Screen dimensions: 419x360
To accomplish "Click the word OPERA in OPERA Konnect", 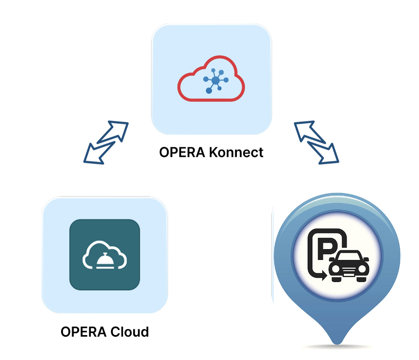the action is tap(182, 152).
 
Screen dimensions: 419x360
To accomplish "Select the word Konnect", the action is tap(236, 152).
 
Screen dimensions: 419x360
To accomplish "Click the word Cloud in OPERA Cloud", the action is tap(129, 332).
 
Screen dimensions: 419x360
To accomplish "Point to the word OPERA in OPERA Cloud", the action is tap(84, 332).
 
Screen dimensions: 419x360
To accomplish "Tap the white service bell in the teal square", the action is tap(105, 260).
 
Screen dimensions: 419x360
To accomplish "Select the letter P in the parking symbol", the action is tap(326, 248).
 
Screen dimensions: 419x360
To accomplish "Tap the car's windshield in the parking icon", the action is tap(349, 256).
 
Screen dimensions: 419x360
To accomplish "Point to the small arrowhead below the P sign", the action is tap(324, 275).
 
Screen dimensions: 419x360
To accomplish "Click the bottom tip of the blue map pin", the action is tap(337, 344).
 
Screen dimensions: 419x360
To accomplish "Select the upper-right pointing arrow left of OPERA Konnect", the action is tap(113, 132).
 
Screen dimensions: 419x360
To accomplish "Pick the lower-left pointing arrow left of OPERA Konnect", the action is tap(99, 153).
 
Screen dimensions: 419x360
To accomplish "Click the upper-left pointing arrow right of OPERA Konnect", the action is tap(310, 132).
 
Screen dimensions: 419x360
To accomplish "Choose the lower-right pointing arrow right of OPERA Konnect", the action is tap(323, 153).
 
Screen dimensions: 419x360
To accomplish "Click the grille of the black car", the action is tap(349, 272).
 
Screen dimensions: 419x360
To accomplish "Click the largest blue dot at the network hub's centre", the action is tap(216, 80).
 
